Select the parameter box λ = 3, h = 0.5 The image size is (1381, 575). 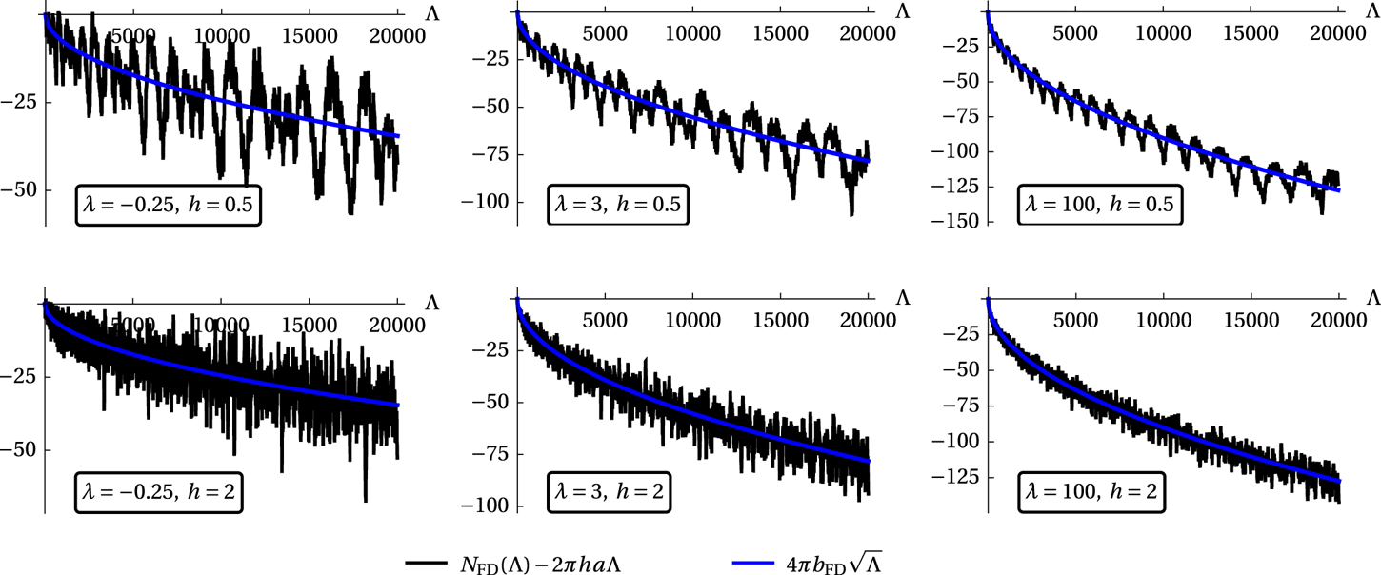click(x=615, y=205)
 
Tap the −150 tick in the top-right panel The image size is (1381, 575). click(x=966, y=222)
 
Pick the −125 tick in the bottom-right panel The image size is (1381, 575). click(x=966, y=477)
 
